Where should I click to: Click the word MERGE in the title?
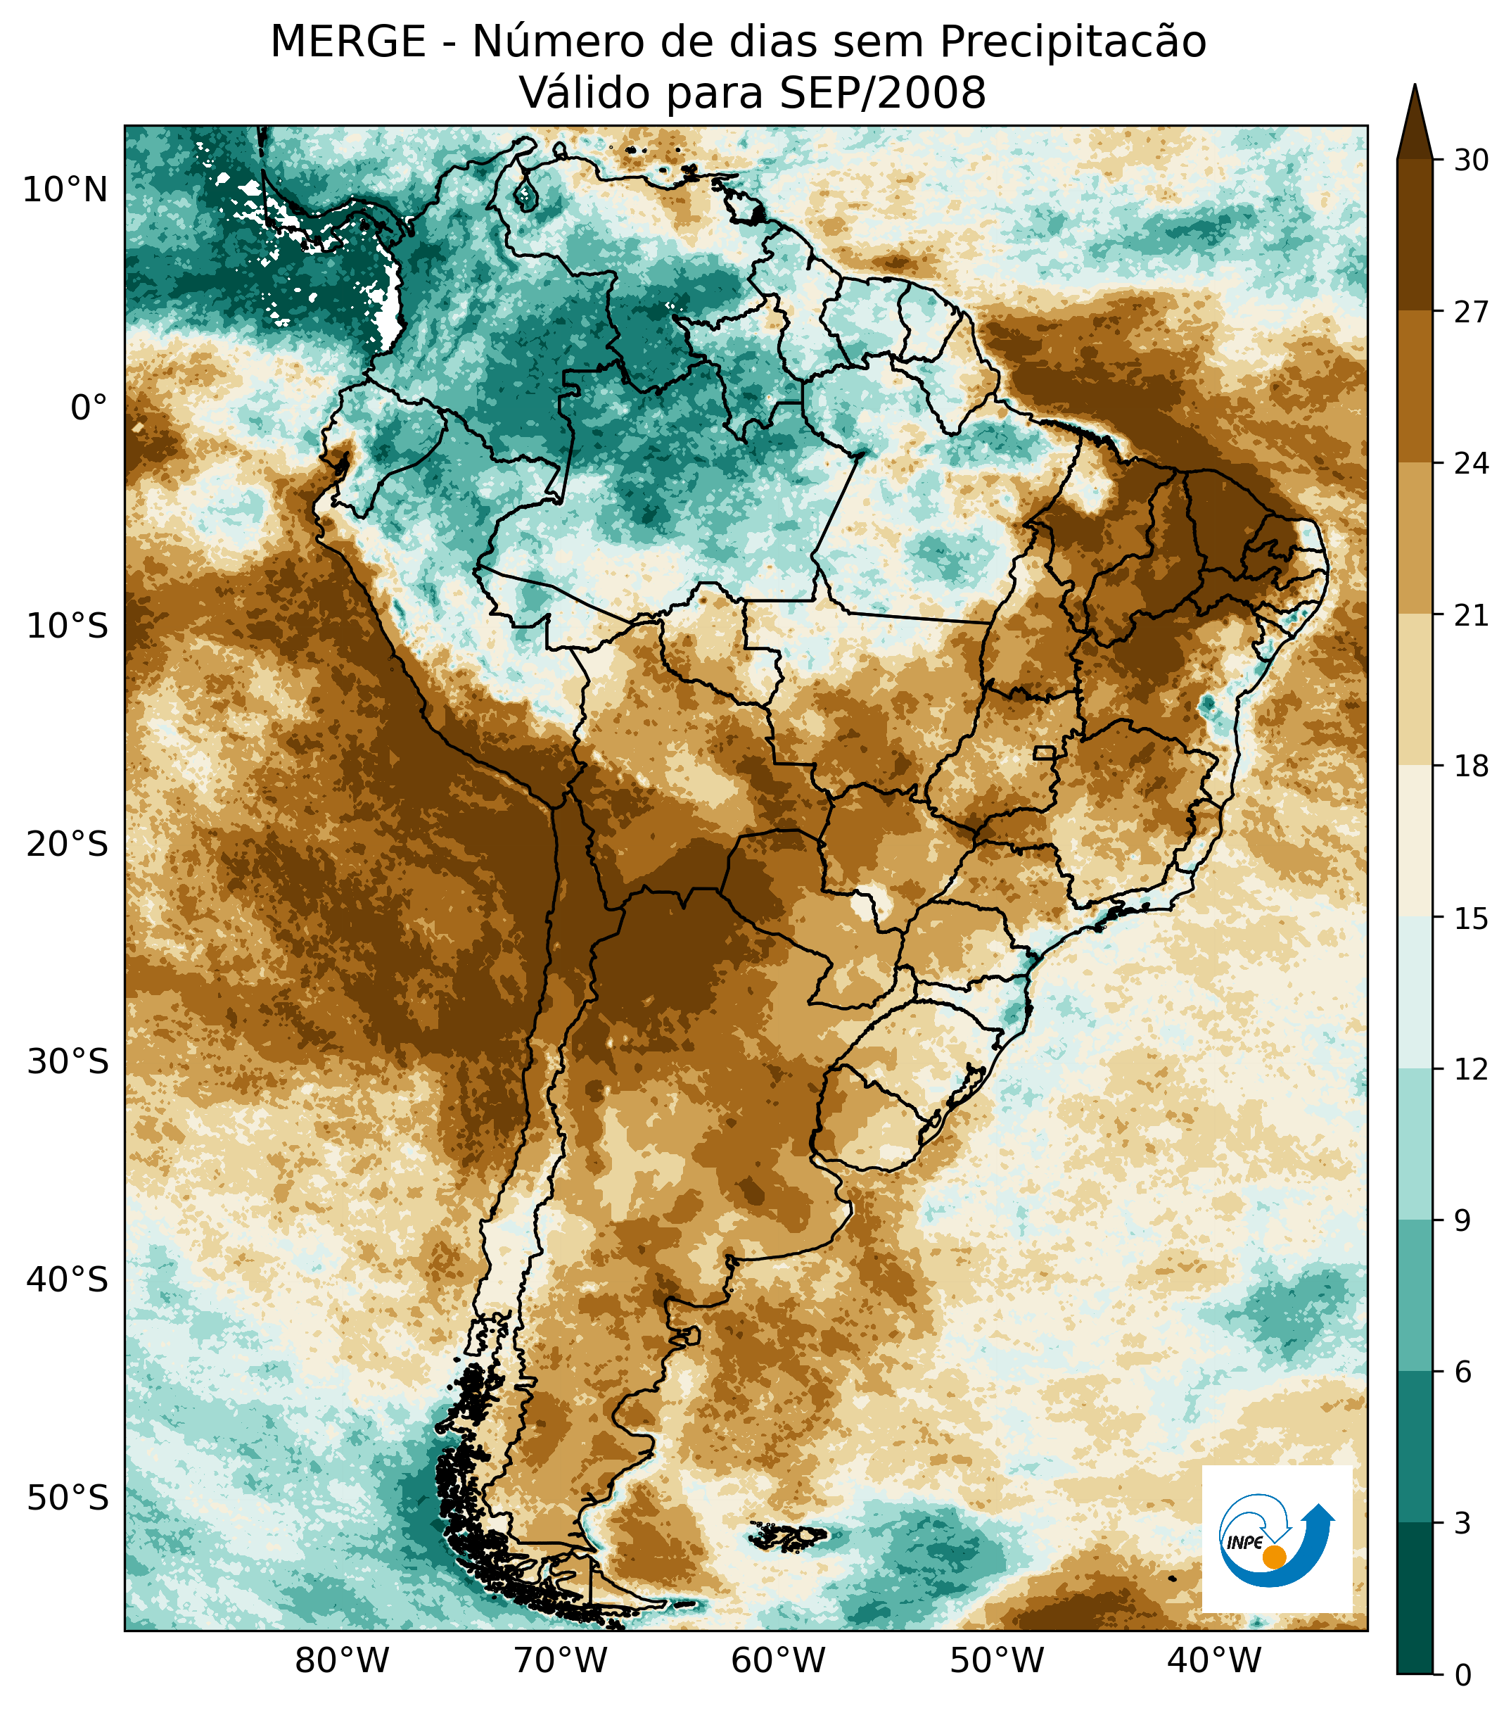pos(348,42)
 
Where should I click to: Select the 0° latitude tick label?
pos(89,409)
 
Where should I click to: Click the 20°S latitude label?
pos(67,845)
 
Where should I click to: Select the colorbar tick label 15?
pos(1471,919)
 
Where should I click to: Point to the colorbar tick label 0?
pos(1463,1676)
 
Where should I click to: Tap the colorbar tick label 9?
pos(1463,1222)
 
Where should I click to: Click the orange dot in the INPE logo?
pos(1274,1557)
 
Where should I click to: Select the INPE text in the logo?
pos(1244,1543)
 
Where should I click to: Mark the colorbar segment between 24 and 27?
pos(1415,387)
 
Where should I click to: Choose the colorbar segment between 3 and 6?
pos(1415,1448)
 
